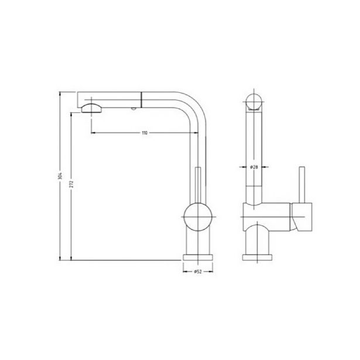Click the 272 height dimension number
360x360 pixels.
click(71, 183)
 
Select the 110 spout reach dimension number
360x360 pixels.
click(144, 133)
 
